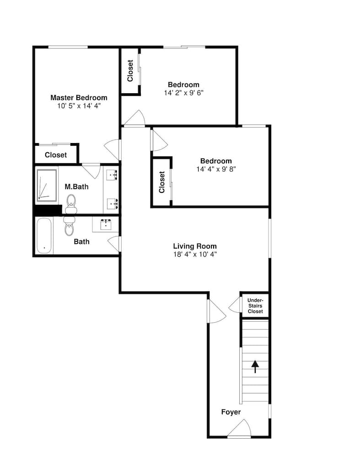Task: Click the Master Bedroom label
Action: [79, 98]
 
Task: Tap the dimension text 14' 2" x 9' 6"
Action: [184, 93]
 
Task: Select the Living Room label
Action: [195, 246]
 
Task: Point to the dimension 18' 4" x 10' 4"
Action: [195, 254]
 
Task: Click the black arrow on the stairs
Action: [255, 367]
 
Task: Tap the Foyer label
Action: [231, 412]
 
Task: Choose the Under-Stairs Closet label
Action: [255, 306]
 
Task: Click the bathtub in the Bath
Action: [44, 236]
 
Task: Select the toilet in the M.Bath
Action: [71, 204]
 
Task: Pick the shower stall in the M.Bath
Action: [47, 186]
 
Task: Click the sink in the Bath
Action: [106, 224]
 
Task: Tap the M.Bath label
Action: [76, 186]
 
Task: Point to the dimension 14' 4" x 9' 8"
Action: [216, 169]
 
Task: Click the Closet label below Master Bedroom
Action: [56, 155]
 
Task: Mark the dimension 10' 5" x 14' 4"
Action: [79, 106]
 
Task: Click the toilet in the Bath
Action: [69, 226]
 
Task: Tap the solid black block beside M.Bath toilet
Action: [48, 210]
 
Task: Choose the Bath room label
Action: [82, 242]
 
